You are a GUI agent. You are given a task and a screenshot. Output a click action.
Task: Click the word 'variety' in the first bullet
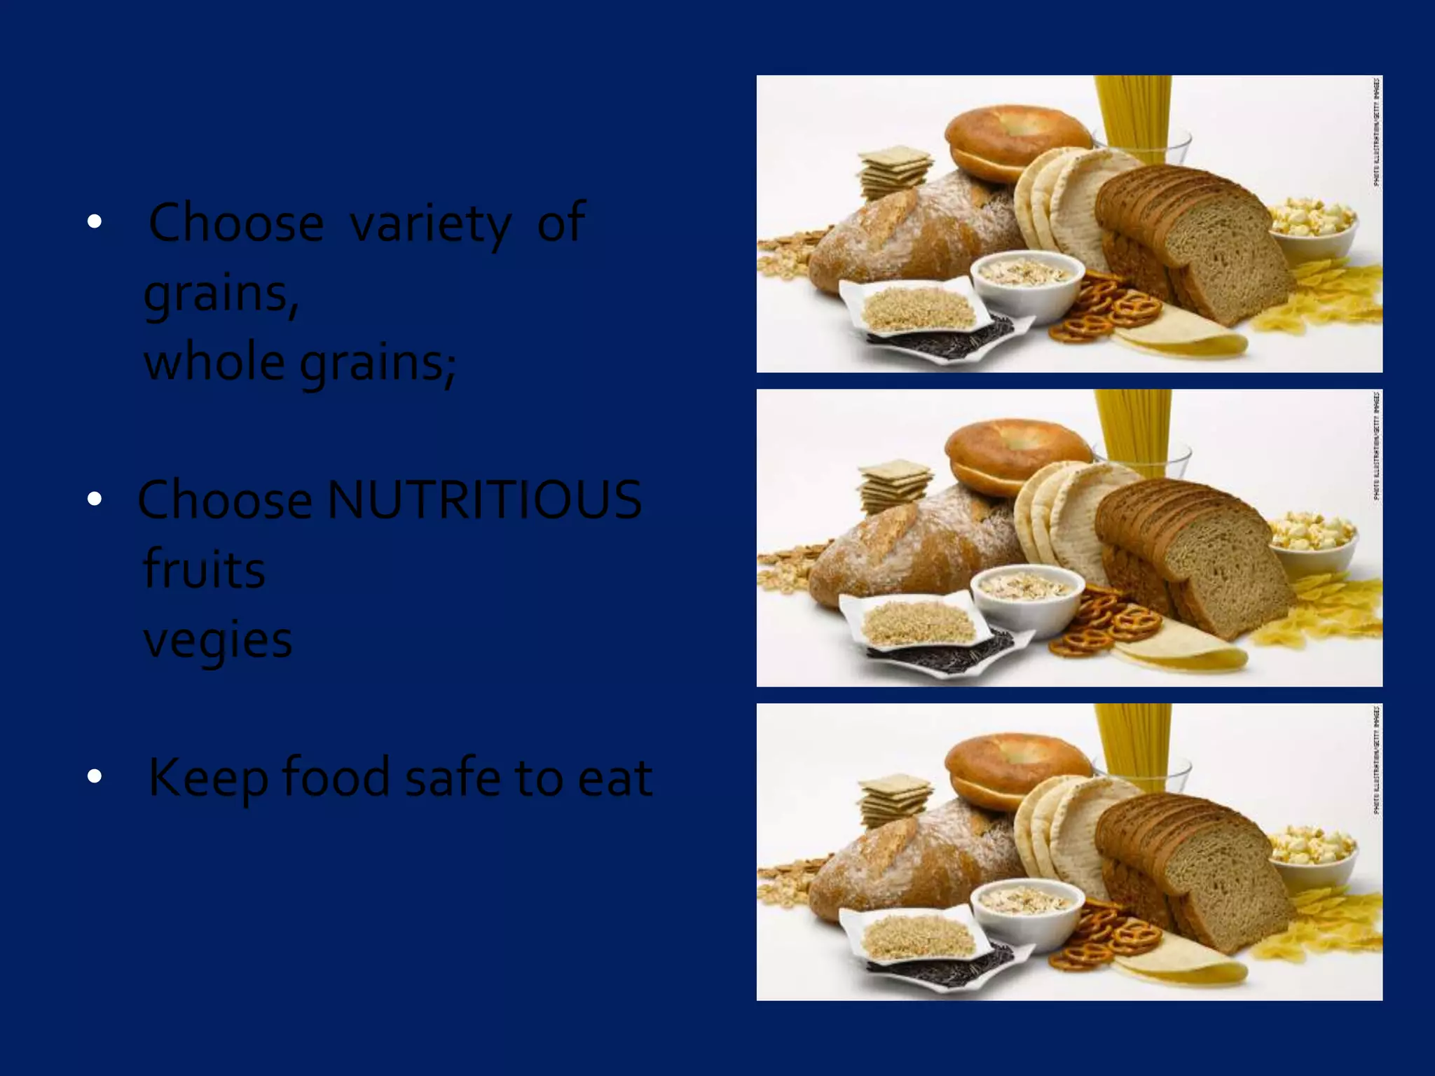430,223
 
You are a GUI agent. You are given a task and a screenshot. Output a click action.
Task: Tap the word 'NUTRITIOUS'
483,499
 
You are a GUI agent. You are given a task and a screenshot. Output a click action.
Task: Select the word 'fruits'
204,569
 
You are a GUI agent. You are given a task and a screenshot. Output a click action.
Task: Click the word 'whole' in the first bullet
214,362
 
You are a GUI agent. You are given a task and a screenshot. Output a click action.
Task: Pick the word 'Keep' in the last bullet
208,778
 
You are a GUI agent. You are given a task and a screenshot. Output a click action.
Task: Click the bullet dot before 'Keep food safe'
95,776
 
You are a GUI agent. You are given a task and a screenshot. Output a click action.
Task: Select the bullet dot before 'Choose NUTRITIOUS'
95,499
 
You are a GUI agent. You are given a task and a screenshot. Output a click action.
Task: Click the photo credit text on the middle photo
1376,446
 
